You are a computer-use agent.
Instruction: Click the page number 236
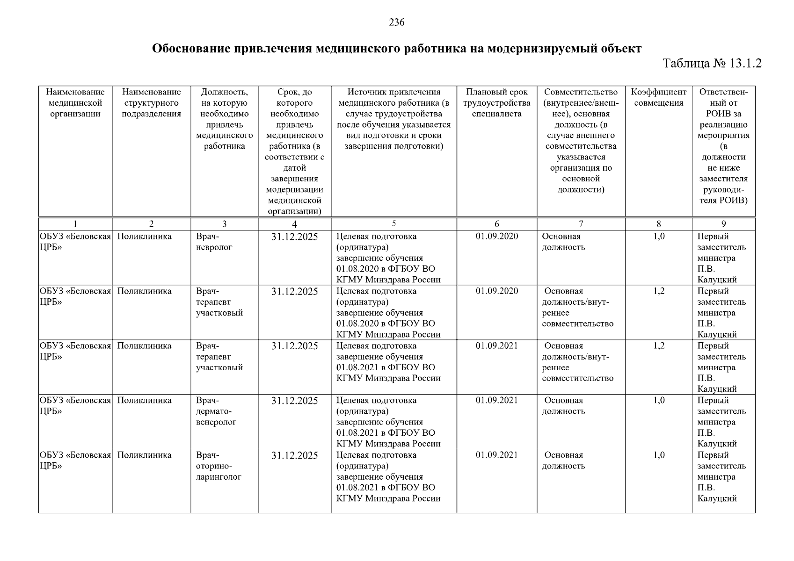tap(397, 22)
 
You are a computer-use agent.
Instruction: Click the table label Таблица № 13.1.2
tap(712, 63)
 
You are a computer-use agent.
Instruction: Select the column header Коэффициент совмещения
tap(658, 97)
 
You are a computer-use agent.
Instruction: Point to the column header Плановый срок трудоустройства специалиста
tap(496, 103)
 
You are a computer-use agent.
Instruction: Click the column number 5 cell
tap(393, 223)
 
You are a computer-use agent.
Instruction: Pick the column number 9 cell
tap(723, 224)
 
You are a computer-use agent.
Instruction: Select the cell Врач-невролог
tap(214, 242)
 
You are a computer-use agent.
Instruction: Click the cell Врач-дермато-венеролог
tap(216, 411)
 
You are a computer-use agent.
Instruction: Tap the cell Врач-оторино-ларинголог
tap(219, 466)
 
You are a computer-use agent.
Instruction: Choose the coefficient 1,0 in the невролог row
tap(658, 237)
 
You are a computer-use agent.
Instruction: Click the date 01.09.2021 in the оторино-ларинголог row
tap(496, 455)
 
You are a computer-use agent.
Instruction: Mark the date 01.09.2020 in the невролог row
tap(496, 237)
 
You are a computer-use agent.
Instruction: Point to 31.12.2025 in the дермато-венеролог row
tap(294, 401)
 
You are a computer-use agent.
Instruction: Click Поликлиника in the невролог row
tap(144, 237)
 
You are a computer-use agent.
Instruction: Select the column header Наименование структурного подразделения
tap(151, 103)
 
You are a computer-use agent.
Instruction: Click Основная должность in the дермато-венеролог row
tap(564, 406)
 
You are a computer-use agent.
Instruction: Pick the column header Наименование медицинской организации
tap(75, 103)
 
